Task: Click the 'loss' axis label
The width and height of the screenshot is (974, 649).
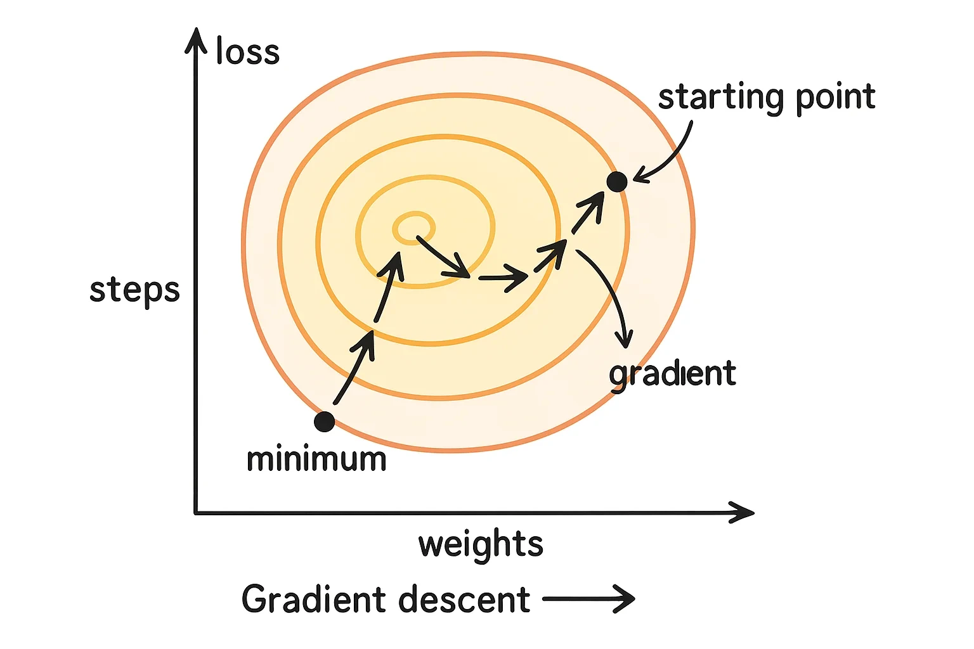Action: click(x=247, y=51)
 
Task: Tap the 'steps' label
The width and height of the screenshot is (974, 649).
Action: click(x=134, y=290)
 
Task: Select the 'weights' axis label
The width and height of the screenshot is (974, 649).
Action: click(x=481, y=543)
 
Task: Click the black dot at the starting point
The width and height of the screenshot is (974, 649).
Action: click(x=616, y=181)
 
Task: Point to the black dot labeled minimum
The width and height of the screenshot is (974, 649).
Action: click(x=325, y=421)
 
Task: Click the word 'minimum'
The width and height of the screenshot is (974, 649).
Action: click(x=316, y=459)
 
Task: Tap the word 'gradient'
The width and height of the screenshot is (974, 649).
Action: click(x=673, y=375)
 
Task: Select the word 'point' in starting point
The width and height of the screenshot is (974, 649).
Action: click(x=836, y=98)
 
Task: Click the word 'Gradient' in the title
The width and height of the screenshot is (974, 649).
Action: click(x=314, y=598)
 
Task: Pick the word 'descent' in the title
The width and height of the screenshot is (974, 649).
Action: click(x=464, y=599)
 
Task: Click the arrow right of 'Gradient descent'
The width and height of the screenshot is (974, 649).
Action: click(x=589, y=599)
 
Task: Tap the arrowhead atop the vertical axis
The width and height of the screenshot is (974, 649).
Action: click(x=196, y=40)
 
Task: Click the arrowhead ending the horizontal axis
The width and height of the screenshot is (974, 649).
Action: click(x=741, y=513)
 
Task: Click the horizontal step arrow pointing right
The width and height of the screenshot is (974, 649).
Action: click(x=503, y=278)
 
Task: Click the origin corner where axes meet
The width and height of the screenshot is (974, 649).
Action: click(x=196, y=513)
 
